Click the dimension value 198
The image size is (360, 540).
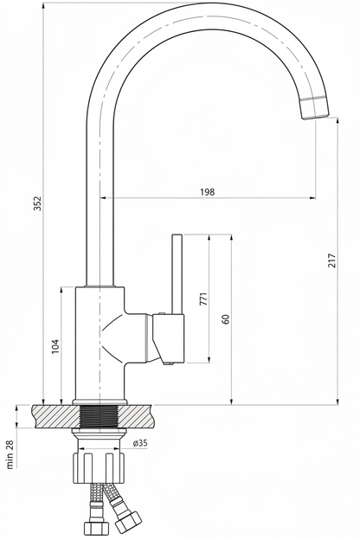[208, 192]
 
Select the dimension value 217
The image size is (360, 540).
[331, 261]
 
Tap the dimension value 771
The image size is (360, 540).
[203, 299]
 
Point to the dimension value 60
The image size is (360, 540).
[226, 319]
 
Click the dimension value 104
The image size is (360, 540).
[55, 346]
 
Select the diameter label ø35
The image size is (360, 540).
[140, 443]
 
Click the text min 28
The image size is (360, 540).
[10, 454]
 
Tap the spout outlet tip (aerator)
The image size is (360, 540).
[315, 108]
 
